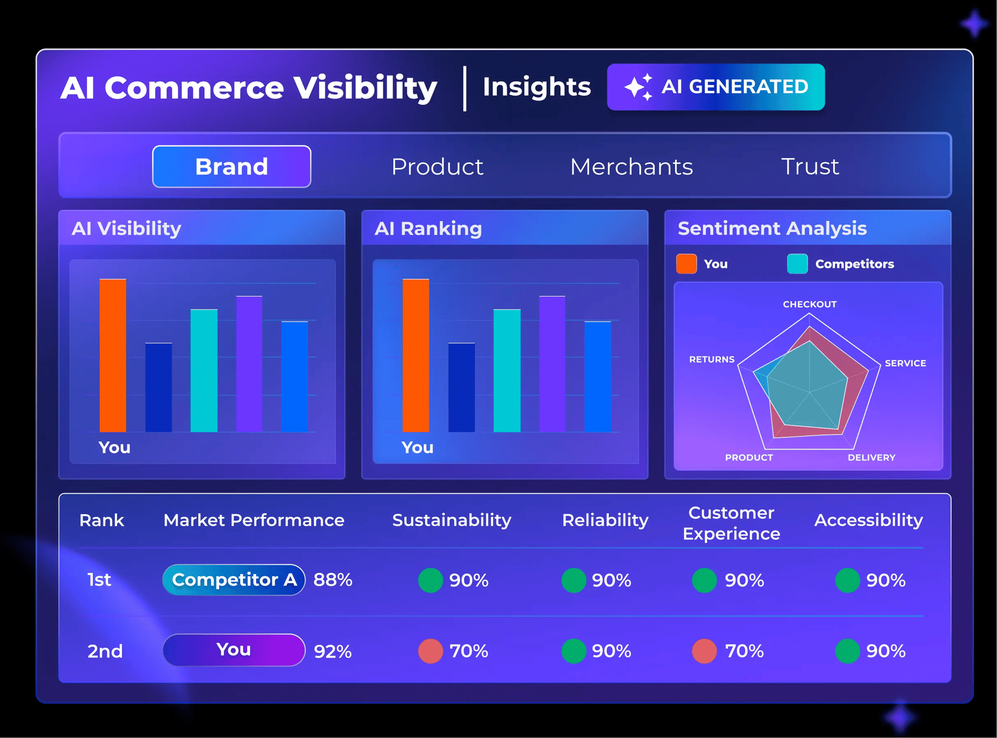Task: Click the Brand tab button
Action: [x=231, y=167]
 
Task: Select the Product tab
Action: [x=437, y=167]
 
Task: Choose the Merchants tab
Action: [x=631, y=167]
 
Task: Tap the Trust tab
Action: [x=810, y=167]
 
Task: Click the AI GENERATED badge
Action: [x=716, y=87]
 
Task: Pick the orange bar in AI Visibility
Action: [x=113, y=355]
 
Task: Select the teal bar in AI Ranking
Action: [x=507, y=370]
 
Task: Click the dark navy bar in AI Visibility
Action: [x=159, y=387]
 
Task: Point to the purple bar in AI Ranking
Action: [x=552, y=364]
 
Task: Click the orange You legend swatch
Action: [x=686, y=264]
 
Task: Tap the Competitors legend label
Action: [x=854, y=264]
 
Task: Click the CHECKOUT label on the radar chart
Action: [x=810, y=304]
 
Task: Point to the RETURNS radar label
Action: [x=712, y=360]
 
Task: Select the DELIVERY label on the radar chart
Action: [x=871, y=457]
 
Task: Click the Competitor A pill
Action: [x=234, y=580]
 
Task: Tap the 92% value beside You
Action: [x=333, y=651]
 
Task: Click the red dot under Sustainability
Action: [x=431, y=651]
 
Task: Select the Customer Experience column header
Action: [x=731, y=523]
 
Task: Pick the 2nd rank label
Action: [x=105, y=651]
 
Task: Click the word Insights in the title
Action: [x=536, y=87]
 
